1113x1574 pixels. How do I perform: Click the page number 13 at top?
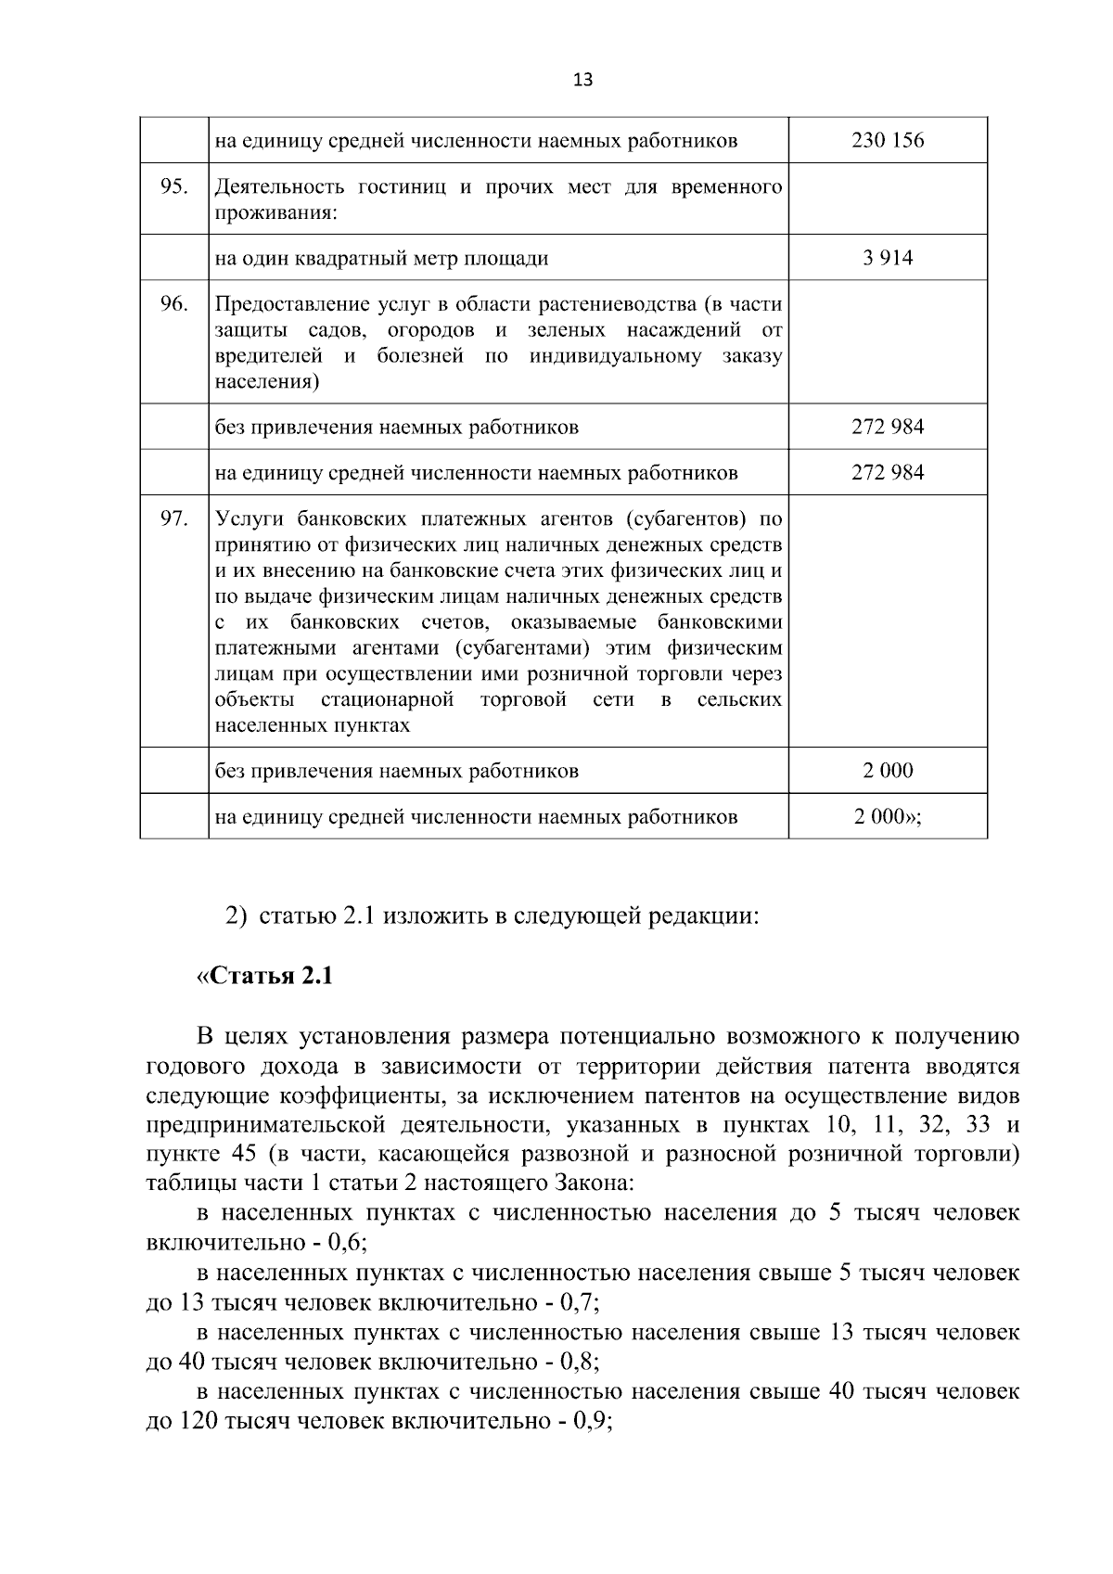[x=582, y=80]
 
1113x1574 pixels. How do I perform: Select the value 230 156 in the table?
[x=888, y=141]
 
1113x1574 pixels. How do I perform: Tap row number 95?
[x=173, y=186]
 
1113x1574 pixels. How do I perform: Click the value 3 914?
[x=888, y=258]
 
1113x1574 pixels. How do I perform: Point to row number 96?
[x=173, y=303]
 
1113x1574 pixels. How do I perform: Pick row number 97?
[x=173, y=518]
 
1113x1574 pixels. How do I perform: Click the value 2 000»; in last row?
[x=888, y=817]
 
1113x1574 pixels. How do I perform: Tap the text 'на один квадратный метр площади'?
[x=381, y=259]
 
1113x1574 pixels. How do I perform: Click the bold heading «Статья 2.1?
[x=264, y=977]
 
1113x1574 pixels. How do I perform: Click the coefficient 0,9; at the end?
[x=595, y=1422]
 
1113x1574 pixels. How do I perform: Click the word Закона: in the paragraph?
[x=595, y=1184]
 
